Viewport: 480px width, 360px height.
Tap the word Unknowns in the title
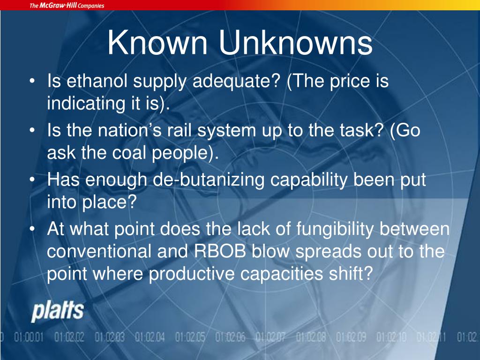tap(296, 44)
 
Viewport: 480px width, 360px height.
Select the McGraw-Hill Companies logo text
tap(67, 6)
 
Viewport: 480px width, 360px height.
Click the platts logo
tap(57, 312)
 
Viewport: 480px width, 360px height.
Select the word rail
tap(181, 131)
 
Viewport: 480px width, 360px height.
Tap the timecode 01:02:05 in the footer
tap(190, 337)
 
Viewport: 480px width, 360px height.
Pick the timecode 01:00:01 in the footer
tap(29, 337)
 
